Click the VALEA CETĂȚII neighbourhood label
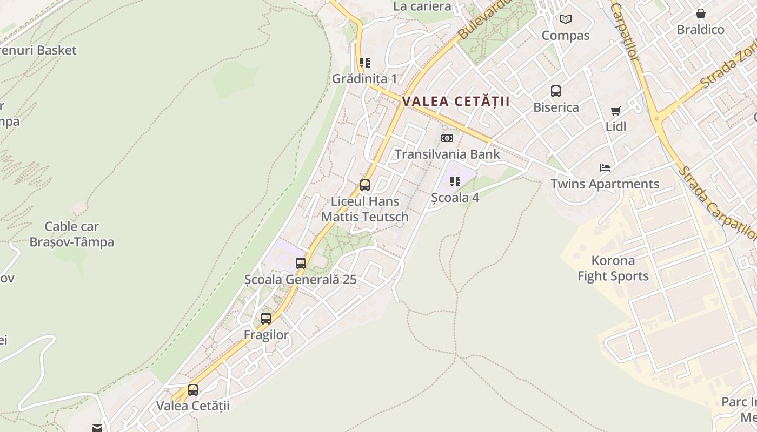click(x=456, y=102)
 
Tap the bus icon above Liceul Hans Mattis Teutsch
click(x=365, y=185)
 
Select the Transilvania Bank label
click(x=447, y=154)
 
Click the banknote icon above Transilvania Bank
click(x=447, y=138)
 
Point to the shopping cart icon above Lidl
click(x=615, y=111)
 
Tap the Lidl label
click(x=615, y=126)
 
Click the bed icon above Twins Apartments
click(x=605, y=168)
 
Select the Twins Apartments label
click(x=605, y=184)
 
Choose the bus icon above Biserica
click(x=556, y=91)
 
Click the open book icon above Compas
click(x=566, y=19)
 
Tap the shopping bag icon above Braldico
click(x=701, y=13)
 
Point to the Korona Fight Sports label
click(x=613, y=268)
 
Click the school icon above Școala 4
click(x=455, y=181)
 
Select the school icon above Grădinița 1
click(x=365, y=63)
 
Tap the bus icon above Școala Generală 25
click(x=301, y=264)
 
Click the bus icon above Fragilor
click(x=266, y=319)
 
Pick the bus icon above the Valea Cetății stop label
click(x=193, y=390)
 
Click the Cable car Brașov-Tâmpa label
click(x=72, y=234)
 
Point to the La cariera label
click(x=422, y=6)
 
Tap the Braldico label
click(x=700, y=30)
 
